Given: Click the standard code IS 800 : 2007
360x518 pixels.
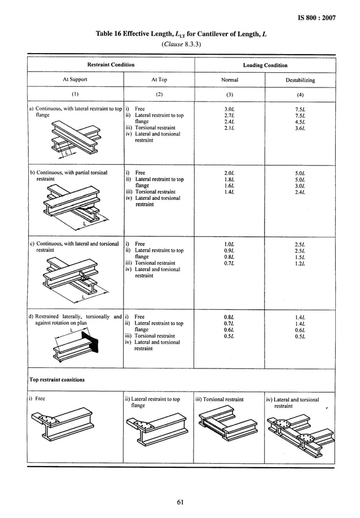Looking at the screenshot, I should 316,18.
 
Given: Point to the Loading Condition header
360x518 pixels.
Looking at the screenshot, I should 265,65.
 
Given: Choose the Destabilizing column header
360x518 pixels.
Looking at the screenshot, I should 300,80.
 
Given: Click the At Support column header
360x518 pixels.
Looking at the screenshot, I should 74,80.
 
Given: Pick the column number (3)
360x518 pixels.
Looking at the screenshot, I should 229,94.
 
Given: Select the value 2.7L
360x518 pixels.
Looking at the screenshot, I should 229,115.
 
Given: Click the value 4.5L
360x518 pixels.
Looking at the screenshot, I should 300,121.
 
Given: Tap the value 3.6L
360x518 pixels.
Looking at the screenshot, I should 300,128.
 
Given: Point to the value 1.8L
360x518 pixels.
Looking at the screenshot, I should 229,179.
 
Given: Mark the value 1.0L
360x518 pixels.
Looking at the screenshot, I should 229,244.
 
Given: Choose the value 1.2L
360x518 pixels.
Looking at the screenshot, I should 300,263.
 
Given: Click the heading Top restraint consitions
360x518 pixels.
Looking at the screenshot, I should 57,380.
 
